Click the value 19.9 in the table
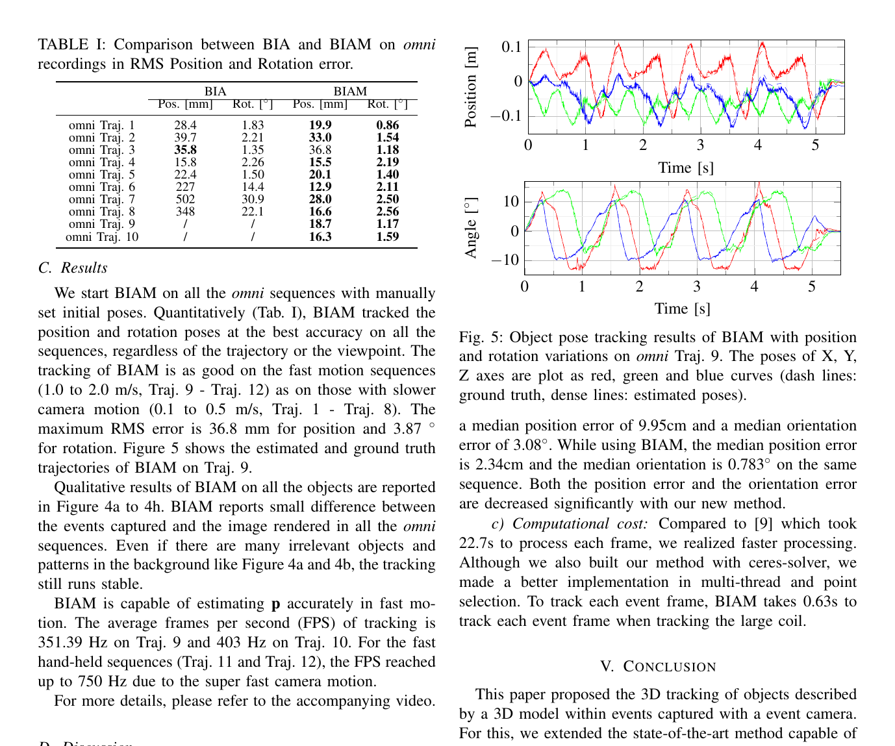point(320,125)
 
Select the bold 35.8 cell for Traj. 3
point(185,150)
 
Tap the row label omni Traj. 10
point(102,237)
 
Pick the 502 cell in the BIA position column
point(185,199)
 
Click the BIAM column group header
point(350,92)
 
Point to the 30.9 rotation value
point(253,199)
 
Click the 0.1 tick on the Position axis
point(511,47)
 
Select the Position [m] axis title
point(471,87)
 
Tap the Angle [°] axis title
point(471,228)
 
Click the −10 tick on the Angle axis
point(505,260)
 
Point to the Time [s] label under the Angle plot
point(682,308)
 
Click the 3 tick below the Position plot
point(700,145)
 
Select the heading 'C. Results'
point(73,267)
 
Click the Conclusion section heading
point(658,666)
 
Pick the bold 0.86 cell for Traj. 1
point(388,125)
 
